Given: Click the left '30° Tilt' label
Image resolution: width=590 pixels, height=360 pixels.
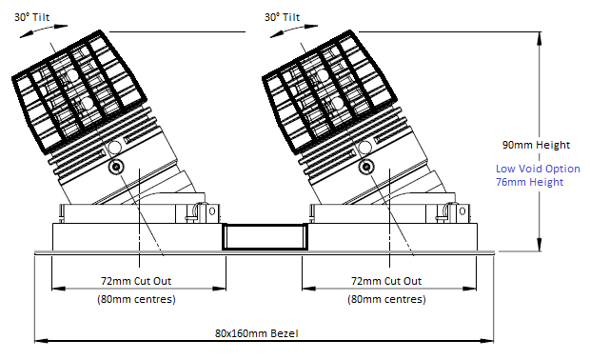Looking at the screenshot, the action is [32, 17].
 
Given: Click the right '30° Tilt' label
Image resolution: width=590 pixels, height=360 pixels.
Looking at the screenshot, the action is [283, 17].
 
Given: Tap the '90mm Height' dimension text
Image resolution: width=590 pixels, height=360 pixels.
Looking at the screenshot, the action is [536, 145].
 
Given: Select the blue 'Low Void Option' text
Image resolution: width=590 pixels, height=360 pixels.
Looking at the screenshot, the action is [538, 169].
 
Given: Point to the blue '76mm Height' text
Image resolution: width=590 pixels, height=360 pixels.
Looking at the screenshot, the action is [529, 182].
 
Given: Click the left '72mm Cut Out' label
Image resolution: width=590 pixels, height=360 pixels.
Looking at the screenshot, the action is [136, 281].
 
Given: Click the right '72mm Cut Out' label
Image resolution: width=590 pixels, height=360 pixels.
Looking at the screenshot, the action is [386, 281].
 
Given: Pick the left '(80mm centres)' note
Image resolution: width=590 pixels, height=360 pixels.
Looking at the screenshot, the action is [137, 299].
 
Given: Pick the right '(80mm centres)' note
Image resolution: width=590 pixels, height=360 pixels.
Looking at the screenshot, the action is [386, 299].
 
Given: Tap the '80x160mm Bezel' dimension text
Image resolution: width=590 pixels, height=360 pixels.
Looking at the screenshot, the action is [257, 333].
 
